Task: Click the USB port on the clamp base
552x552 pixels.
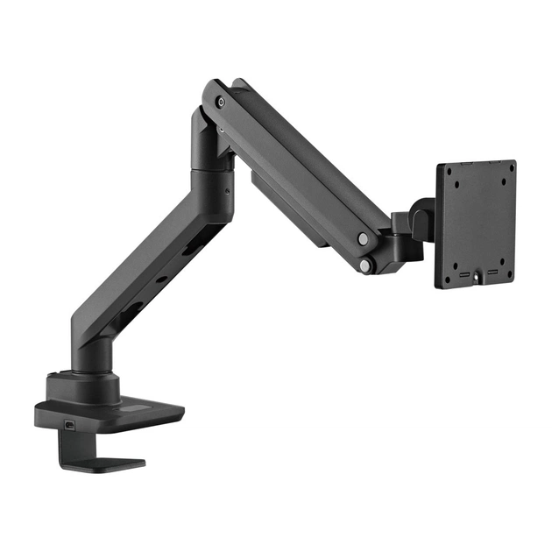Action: tap(69, 427)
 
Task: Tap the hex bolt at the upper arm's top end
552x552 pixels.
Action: tap(220, 102)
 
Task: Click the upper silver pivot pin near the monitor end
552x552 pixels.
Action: tap(363, 238)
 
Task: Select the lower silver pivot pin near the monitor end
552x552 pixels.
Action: tap(365, 265)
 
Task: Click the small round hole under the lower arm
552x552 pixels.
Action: tap(160, 280)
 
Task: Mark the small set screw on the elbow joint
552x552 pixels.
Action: tap(227, 188)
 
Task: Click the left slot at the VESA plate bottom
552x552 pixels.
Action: tap(463, 276)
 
